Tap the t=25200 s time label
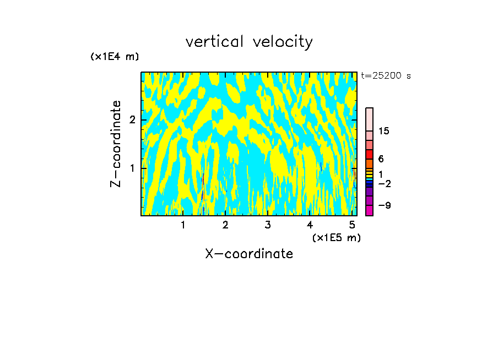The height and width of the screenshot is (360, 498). pyautogui.click(x=386, y=76)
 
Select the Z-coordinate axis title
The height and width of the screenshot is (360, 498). pyautogui.click(x=116, y=144)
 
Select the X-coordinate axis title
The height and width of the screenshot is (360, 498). pyautogui.click(x=249, y=254)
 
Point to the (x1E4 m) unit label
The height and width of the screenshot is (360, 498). pyautogui.click(x=115, y=56)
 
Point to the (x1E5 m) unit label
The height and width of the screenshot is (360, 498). pyautogui.click(x=336, y=237)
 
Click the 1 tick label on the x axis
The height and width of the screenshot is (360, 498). pyautogui.click(x=183, y=225)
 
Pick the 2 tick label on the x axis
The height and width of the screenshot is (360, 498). pyautogui.click(x=225, y=225)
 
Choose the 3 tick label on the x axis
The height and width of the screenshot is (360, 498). pyautogui.click(x=267, y=225)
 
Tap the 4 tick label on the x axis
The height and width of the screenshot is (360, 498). pyautogui.click(x=310, y=225)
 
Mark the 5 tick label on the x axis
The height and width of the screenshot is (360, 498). pyautogui.click(x=352, y=225)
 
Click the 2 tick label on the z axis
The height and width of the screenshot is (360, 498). pyautogui.click(x=132, y=120)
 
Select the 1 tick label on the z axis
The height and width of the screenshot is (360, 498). pyautogui.click(x=132, y=168)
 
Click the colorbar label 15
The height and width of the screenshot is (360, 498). pyautogui.click(x=384, y=131)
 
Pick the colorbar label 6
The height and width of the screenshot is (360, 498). pyautogui.click(x=381, y=159)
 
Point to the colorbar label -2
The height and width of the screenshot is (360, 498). pyautogui.click(x=384, y=183)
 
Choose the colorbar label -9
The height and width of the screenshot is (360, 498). pyautogui.click(x=384, y=205)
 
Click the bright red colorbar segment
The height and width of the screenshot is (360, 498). pyautogui.click(x=369, y=154)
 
